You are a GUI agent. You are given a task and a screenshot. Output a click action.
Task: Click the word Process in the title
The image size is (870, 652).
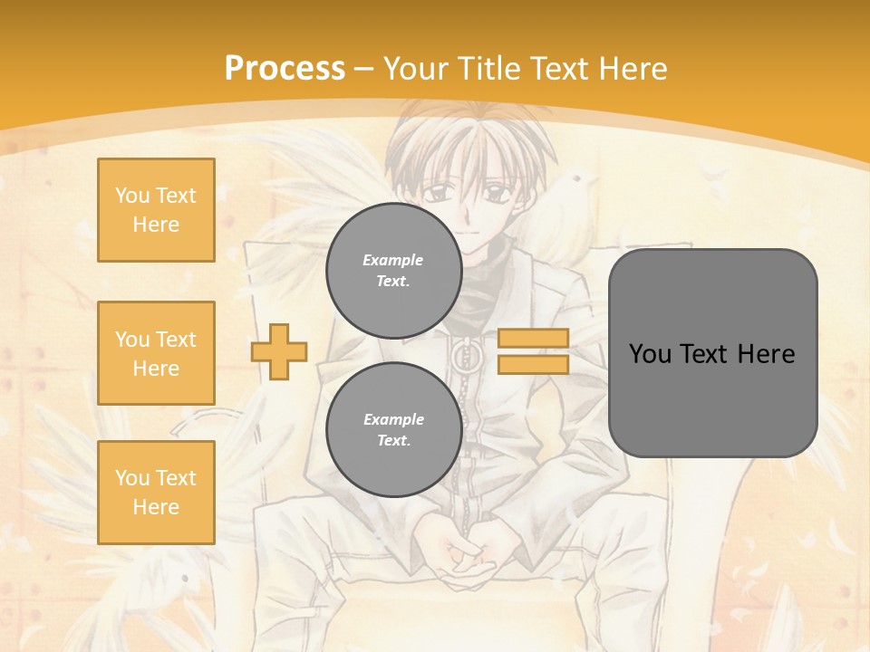pos(285,69)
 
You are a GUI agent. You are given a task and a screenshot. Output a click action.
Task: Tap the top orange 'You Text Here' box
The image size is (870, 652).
pos(156,210)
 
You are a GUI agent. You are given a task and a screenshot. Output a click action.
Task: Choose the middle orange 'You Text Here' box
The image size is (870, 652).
pos(156,353)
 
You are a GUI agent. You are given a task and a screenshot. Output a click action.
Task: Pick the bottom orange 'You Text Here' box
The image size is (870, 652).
pos(156,493)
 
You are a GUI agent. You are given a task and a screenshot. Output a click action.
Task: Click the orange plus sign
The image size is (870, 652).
pos(279,350)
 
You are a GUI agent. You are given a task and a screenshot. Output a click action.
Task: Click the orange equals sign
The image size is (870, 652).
pos(533,351)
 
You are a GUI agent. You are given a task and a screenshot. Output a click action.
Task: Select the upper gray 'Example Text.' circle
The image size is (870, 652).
pos(393,271)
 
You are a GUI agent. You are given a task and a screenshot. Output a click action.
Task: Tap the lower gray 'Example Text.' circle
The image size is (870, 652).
pos(393,430)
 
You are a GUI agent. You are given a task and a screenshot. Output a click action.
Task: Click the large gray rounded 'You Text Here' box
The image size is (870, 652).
pos(712,353)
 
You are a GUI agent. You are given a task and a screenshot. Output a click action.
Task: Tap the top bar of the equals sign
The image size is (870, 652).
pos(533,339)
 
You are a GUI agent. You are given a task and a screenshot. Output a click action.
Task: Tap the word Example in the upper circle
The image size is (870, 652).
pos(393,260)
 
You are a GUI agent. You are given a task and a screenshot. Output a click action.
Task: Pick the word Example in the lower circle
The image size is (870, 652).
pos(393,419)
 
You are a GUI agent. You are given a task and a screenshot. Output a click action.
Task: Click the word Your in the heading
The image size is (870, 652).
pos(418,69)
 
